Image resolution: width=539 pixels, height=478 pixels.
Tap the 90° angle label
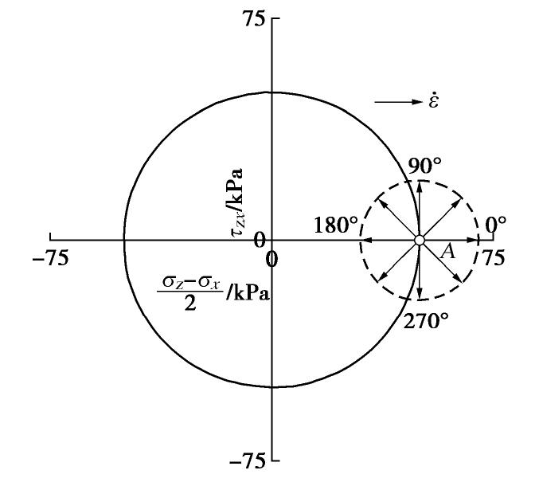[425, 166]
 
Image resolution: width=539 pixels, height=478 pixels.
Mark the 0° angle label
[495, 224]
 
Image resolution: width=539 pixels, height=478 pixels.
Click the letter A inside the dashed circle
[448, 252]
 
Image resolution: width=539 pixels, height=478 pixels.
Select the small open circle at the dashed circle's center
[420, 240]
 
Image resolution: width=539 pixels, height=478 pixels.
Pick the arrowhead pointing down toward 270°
[420, 296]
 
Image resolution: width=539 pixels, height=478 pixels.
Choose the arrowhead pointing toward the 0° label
[475, 240]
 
